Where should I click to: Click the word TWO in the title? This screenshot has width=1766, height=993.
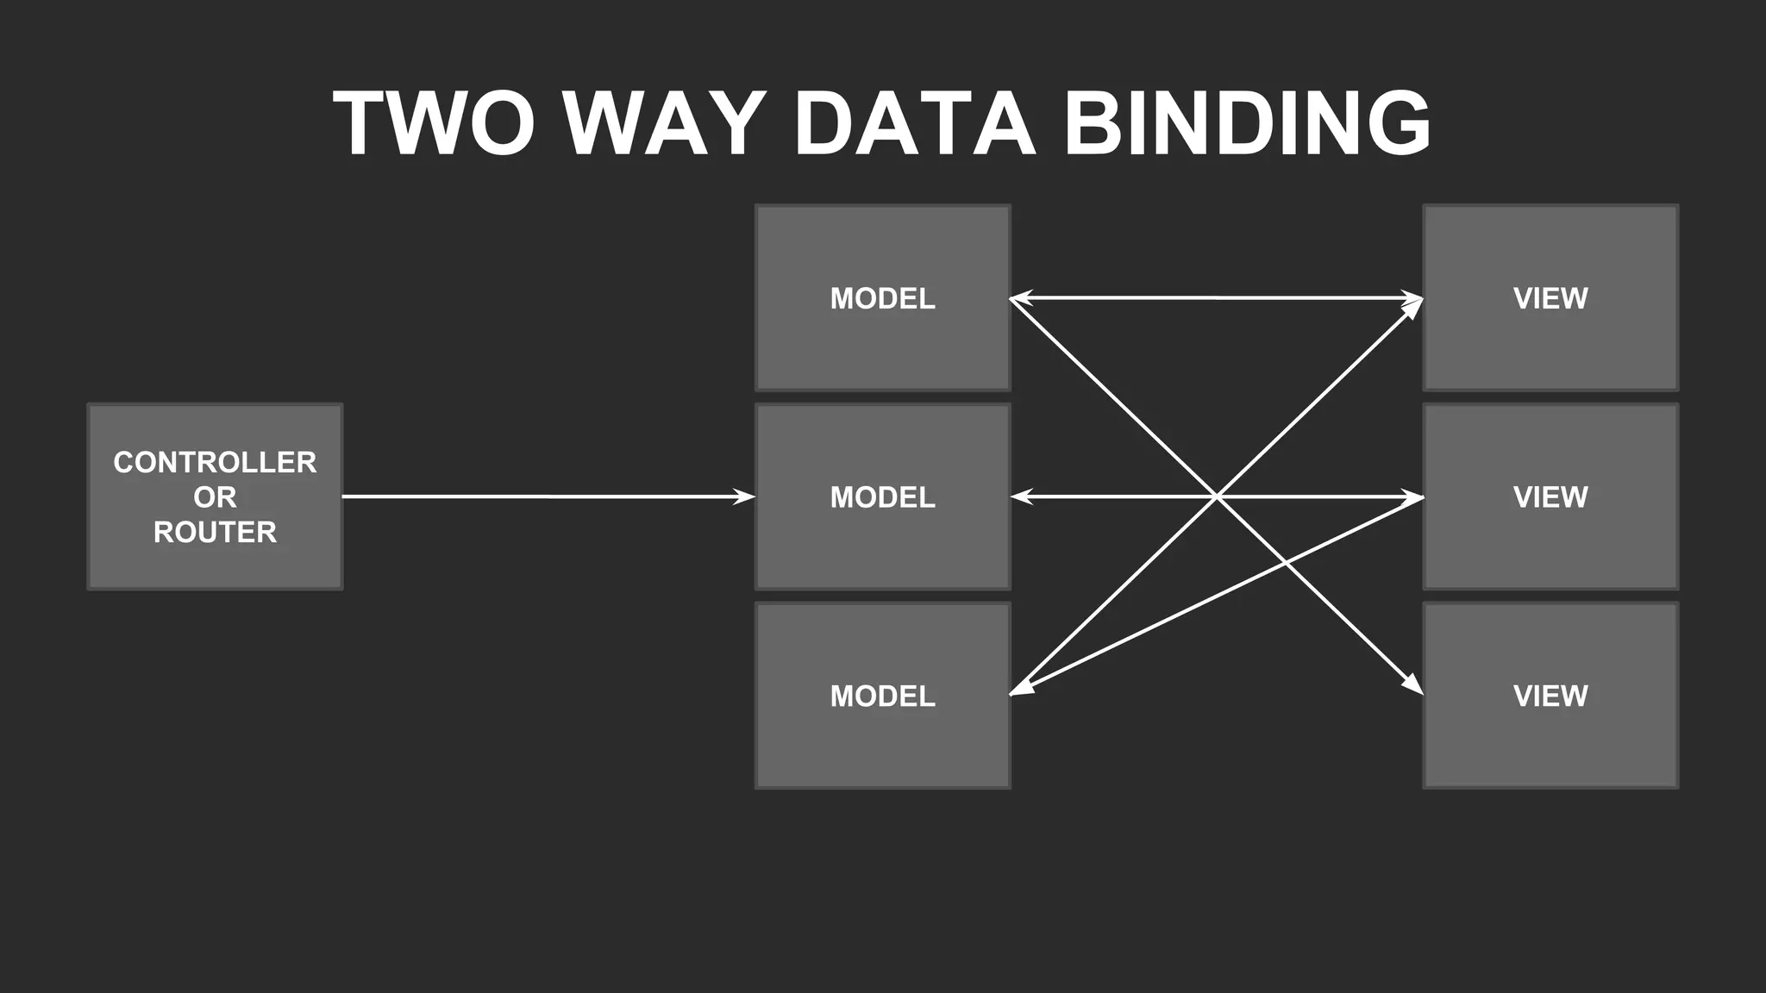click(x=434, y=123)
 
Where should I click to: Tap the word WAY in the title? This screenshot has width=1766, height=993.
click(x=664, y=123)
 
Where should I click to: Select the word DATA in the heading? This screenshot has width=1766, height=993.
click(x=914, y=123)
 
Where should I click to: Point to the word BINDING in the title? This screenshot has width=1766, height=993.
click(x=1247, y=123)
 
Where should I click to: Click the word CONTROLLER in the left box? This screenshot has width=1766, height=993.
click(x=215, y=463)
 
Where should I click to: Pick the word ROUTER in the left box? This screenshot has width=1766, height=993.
click(x=215, y=533)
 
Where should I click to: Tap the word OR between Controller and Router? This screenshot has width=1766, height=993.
click(x=215, y=497)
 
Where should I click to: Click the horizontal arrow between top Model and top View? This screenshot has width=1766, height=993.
click(x=1216, y=298)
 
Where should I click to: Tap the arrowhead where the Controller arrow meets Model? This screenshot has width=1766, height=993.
click(x=743, y=496)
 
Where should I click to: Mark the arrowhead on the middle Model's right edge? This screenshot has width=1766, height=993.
click(x=1022, y=496)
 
